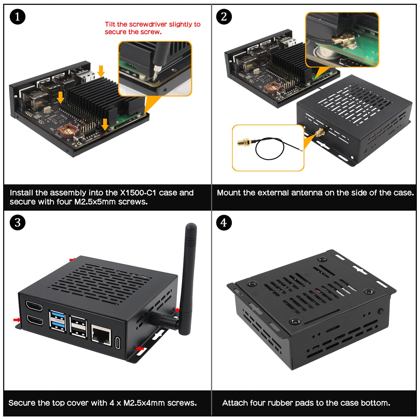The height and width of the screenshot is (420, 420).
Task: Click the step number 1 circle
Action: [17, 17]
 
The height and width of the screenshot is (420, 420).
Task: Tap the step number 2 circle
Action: [224, 17]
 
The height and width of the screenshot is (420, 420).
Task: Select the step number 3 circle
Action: [17, 223]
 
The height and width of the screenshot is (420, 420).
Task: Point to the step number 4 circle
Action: [224, 223]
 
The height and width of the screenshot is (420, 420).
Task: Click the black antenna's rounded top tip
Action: [191, 226]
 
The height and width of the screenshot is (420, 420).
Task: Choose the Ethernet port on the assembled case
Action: [101, 335]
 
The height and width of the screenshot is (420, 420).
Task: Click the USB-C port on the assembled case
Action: [118, 342]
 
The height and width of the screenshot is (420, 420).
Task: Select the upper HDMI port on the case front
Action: [34, 306]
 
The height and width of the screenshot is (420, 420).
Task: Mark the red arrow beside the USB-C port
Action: [140, 348]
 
